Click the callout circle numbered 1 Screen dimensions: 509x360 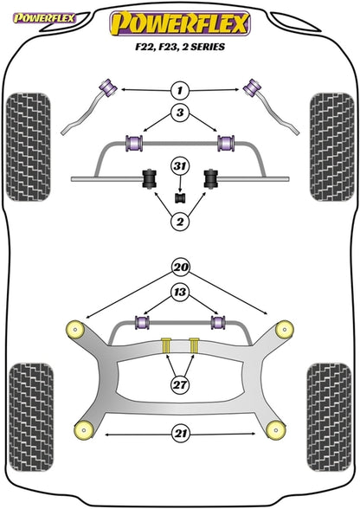click(180, 89)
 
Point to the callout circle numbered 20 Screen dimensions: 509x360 click(180, 267)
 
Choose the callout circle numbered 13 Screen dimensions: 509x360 click(180, 293)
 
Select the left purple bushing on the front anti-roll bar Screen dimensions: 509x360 click(134, 140)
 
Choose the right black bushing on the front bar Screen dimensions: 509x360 click(209, 178)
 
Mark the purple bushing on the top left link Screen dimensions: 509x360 click(110, 87)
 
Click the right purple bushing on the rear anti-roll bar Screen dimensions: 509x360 click(219, 323)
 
